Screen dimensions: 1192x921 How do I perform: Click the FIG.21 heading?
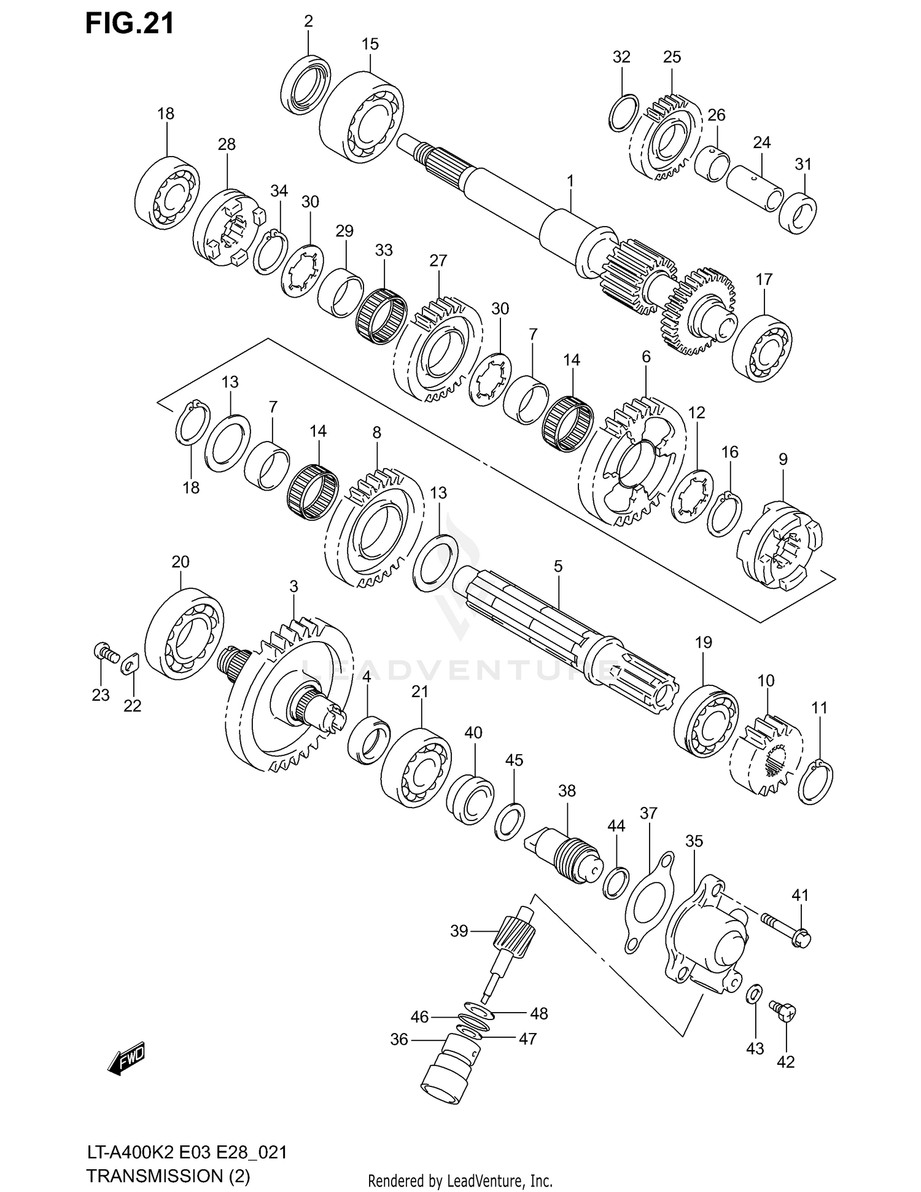coord(130,23)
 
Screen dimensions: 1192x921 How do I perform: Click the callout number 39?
coord(459,931)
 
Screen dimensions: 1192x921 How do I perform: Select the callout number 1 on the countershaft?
coord(570,181)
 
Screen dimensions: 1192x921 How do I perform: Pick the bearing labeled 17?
coord(762,346)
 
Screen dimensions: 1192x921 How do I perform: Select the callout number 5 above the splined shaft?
coord(558,566)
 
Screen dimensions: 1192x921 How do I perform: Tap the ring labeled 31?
coord(798,213)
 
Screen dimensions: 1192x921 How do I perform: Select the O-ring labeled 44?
coord(616,882)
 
